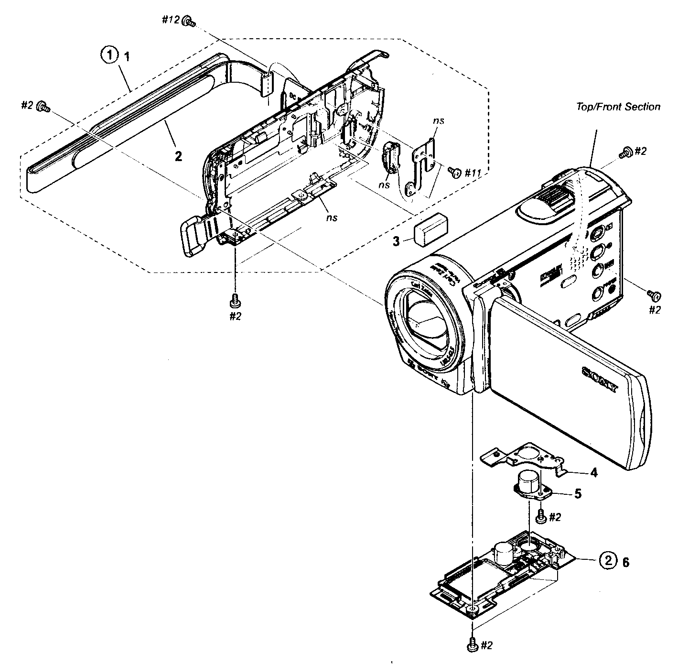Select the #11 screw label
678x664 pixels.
pos(472,172)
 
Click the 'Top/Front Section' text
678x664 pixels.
pos(618,107)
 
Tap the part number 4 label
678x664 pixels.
pos(593,473)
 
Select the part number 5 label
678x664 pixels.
pos(578,494)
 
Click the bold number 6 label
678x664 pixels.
pos(625,563)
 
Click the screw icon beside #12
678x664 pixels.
pos(191,21)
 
